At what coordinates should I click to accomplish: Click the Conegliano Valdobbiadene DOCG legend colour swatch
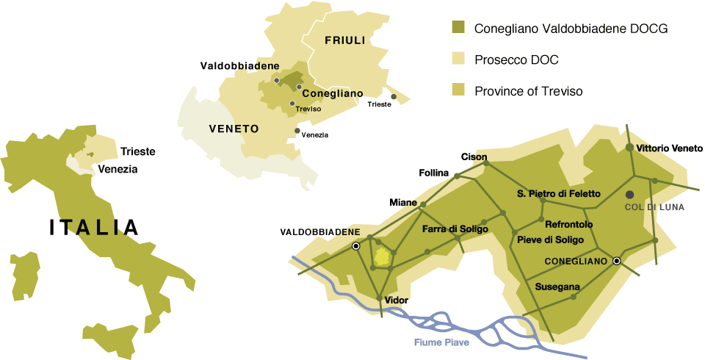[x=458, y=29]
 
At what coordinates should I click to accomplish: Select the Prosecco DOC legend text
[x=520, y=60]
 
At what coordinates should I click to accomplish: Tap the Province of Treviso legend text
[x=528, y=91]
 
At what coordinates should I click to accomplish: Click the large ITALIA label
[x=94, y=227]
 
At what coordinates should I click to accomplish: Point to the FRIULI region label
[x=344, y=40]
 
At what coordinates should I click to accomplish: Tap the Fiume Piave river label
[x=441, y=342]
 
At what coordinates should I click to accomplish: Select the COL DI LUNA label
[x=654, y=208]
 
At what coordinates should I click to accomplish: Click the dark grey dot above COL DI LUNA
[x=629, y=194]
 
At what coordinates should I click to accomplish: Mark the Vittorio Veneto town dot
[x=629, y=148]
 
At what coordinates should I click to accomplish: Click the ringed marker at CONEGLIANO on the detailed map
[x=617, y=261]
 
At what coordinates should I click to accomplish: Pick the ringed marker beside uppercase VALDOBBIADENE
[x=356, y=246]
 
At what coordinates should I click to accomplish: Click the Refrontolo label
[x=569, y=224]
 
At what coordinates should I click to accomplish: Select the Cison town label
[x=474, y=156]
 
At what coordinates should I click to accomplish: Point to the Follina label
[x=433, y=173]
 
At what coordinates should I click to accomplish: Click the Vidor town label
[x=396, y=300]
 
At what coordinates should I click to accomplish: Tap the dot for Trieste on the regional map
[x=394, y=96]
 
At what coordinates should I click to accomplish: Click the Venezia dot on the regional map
[x=297, y=131]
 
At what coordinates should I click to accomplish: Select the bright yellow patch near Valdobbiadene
[x=382, y=256]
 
